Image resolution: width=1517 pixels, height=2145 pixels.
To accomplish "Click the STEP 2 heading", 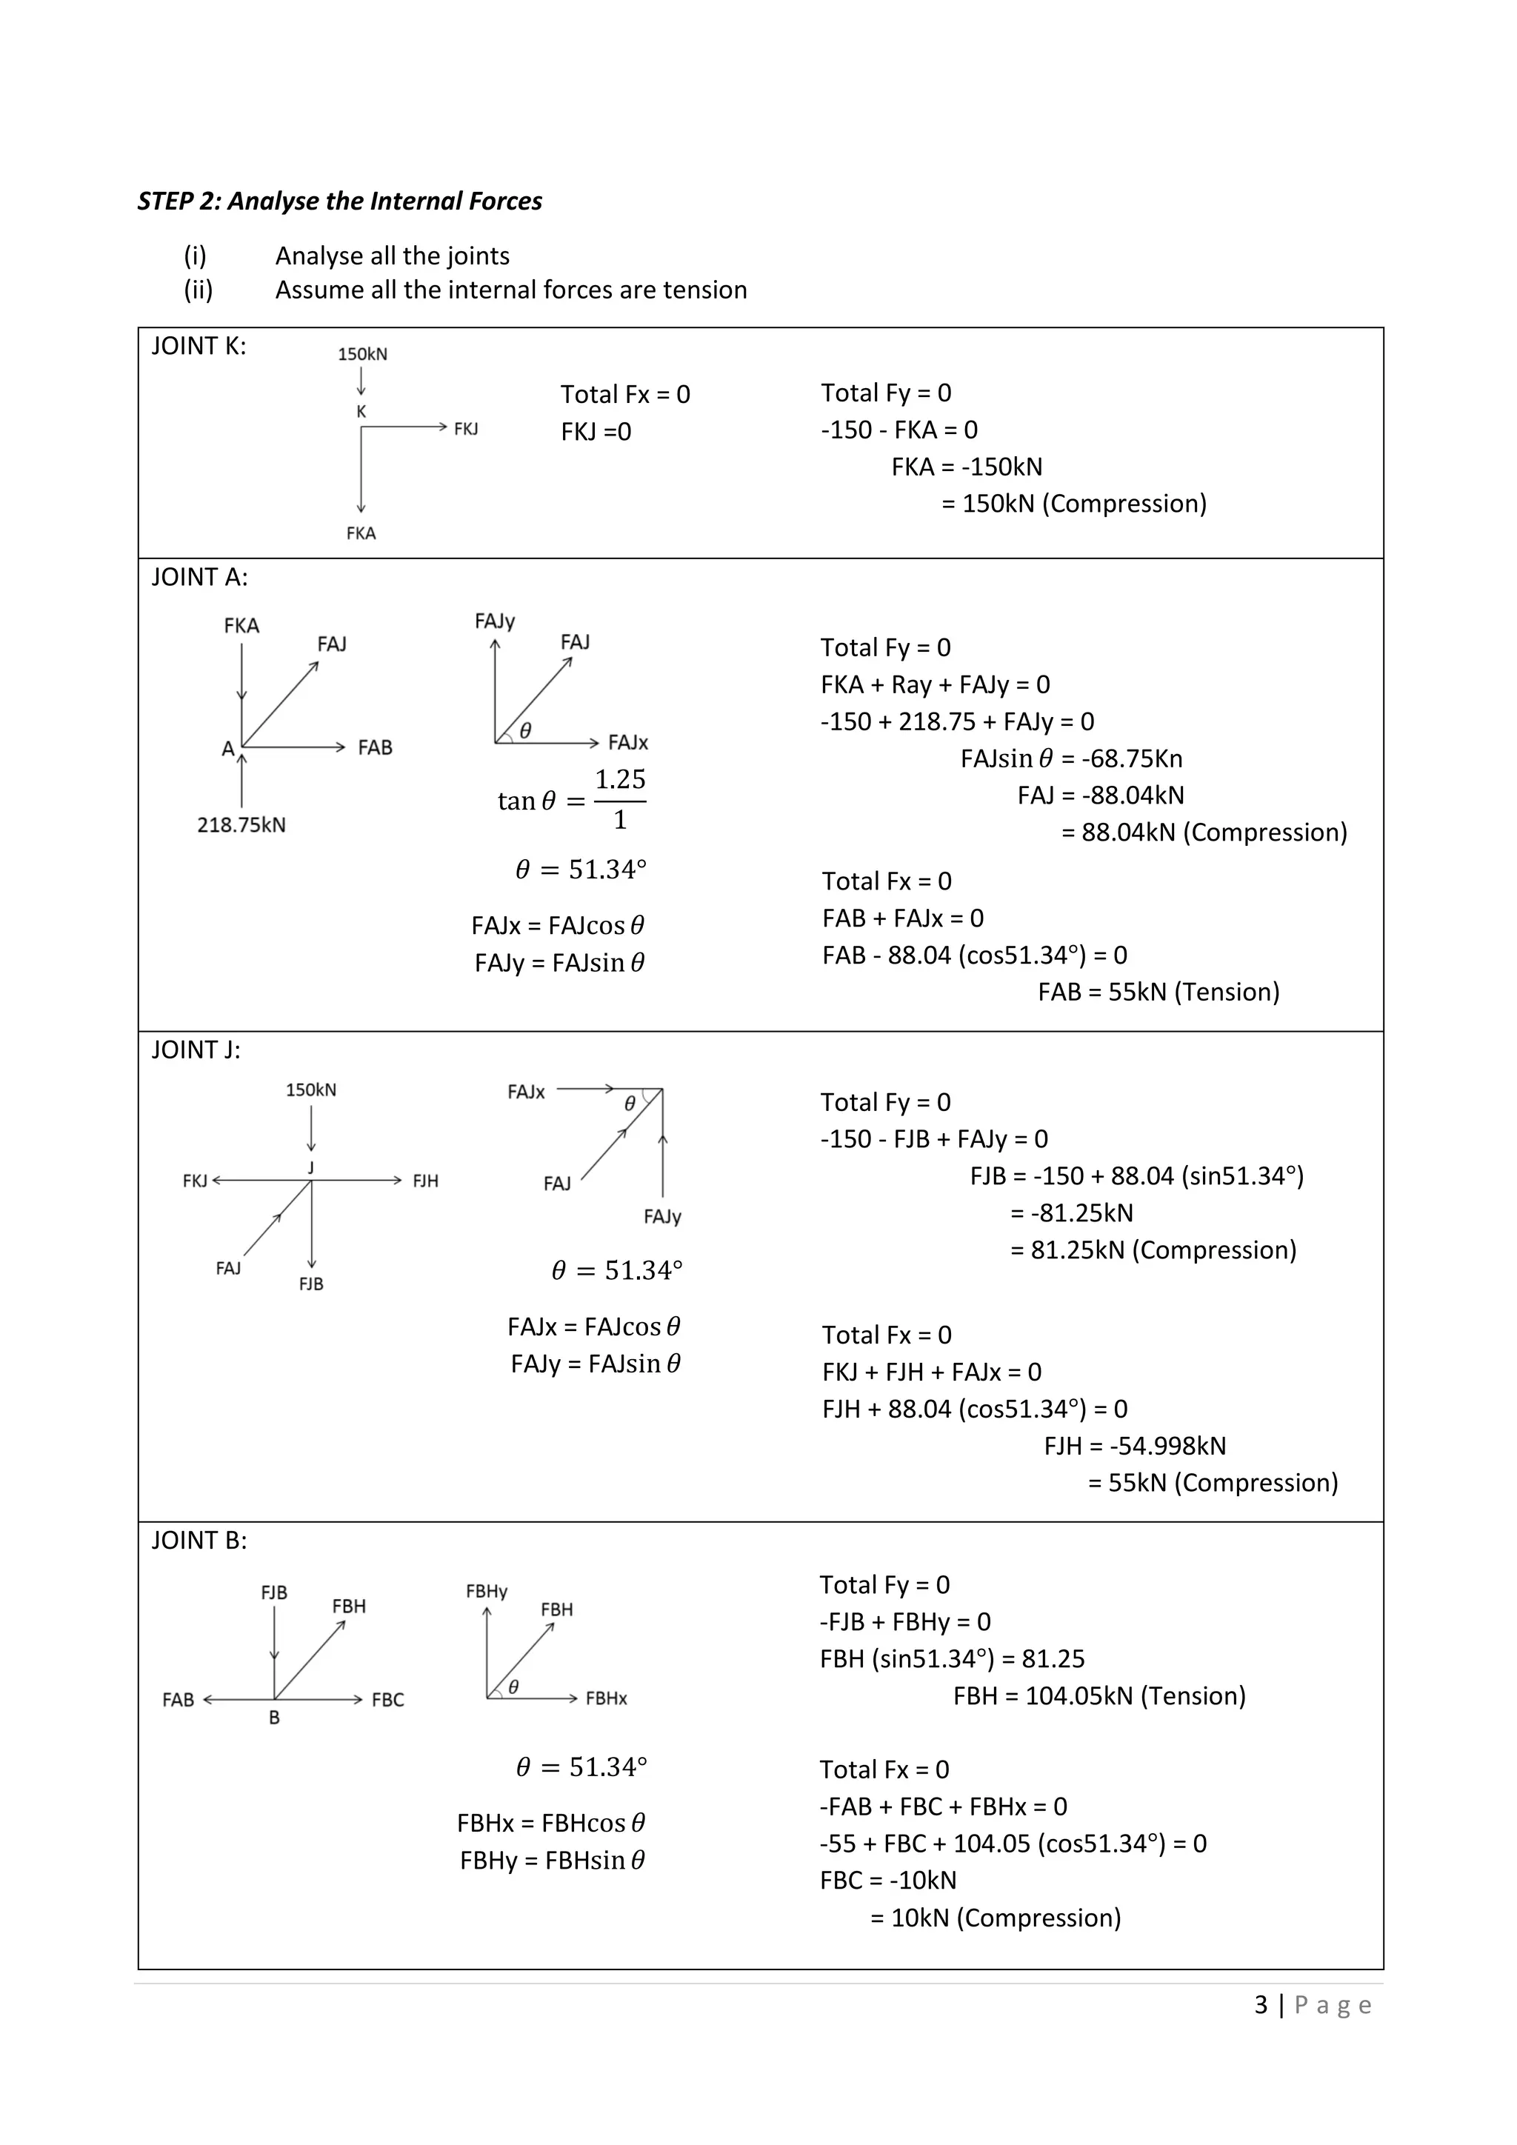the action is (339, 201).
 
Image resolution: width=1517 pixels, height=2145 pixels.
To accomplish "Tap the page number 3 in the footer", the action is (1261, 2004).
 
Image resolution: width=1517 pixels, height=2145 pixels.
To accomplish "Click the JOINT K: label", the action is (199, 347).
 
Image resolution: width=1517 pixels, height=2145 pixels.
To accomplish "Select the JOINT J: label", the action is (196, 1050).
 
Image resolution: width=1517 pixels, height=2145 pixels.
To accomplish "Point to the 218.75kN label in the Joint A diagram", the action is (241, 825).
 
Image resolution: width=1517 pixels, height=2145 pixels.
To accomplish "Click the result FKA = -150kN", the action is (967, 467).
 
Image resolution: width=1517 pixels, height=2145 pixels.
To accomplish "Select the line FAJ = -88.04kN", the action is (1101, 796).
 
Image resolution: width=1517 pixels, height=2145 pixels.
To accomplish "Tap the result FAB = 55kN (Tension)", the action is (1158, 993).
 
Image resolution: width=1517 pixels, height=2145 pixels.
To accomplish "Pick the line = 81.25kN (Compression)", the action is (1153, 1250).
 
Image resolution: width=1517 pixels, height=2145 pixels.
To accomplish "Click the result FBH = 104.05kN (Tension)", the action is (1098, 1695).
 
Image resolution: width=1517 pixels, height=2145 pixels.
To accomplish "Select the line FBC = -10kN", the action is (887, 1881).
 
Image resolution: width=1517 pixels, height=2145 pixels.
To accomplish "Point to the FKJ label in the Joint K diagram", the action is (466, 429).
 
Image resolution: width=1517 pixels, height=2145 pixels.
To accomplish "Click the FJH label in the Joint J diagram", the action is (425, 1181).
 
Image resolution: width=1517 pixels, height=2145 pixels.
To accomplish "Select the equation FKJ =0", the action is (596, 432).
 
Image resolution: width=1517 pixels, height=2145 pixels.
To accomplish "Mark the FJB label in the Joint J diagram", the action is (311, 1284).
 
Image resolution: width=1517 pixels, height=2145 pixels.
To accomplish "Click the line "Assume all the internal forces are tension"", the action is (511, 290).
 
